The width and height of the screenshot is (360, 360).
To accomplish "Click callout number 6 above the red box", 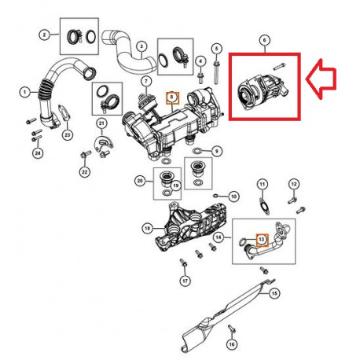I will (264, 39).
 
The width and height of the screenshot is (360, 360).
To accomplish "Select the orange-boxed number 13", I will (263, 233).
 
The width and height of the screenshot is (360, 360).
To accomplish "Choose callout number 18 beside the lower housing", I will (146, 228).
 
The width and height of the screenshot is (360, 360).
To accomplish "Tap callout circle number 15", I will (274, 292).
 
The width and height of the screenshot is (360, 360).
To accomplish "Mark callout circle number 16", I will (233, 343).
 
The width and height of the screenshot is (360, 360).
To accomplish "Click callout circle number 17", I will (185, 281).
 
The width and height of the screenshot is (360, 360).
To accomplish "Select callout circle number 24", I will (35, 152).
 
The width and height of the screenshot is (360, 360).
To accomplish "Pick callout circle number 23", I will (67, 135).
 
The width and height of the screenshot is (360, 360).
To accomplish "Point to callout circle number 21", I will (101, 124).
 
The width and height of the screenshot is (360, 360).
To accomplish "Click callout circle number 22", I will (85, 171).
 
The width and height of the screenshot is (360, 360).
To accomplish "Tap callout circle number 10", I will (233, 193).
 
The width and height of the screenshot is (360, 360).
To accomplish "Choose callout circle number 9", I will (218, 150).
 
